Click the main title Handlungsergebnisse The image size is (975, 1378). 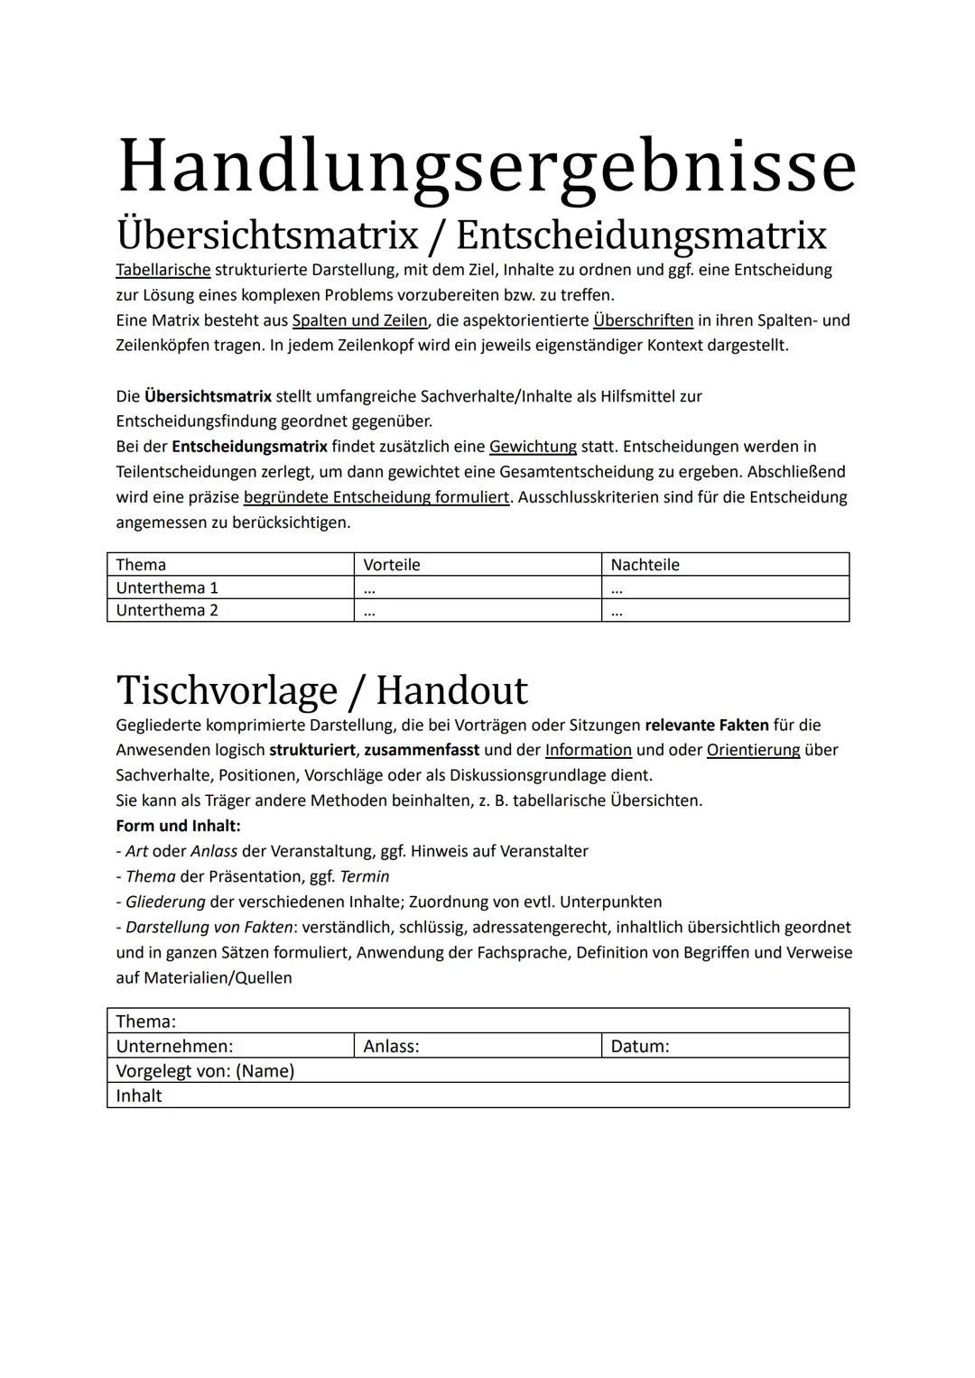487,166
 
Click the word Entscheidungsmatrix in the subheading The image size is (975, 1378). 641,236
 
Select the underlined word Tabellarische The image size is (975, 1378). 163,270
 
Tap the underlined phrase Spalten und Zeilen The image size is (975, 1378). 359,320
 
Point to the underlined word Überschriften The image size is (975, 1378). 643,320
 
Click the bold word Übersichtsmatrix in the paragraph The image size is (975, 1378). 208,396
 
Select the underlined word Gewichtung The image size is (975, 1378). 533,447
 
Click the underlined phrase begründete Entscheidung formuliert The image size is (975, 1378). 376,497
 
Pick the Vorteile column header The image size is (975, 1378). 392,565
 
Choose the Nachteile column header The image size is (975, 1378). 645,565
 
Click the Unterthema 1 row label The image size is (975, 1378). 167,587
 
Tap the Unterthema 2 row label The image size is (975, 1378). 167,611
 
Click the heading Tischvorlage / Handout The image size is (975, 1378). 321,690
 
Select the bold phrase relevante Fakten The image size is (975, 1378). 707,725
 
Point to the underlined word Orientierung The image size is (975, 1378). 753,750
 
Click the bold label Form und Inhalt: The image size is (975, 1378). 178,826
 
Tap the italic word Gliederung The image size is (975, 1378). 165,902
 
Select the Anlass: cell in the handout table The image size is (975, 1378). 391,1047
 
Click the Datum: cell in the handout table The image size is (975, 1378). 640,1047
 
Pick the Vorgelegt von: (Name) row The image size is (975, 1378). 205,1071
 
